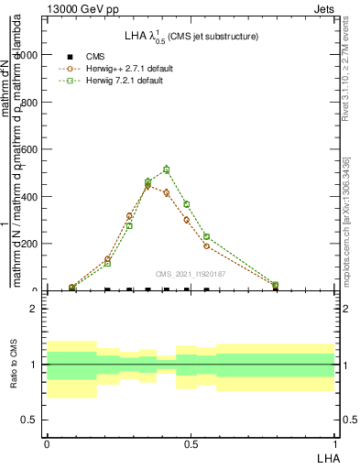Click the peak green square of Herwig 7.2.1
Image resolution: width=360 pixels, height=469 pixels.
coord(167,169)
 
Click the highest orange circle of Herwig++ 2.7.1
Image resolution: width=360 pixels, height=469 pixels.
coord(148,185)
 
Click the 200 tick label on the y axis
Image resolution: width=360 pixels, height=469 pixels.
coord(32,244)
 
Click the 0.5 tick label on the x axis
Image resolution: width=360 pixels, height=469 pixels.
coord(191,443)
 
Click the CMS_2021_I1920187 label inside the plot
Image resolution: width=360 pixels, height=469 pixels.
coord(190,274)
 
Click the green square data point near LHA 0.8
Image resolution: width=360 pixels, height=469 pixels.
coord(276,285)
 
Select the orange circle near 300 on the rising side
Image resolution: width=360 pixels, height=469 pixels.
coord(130,217)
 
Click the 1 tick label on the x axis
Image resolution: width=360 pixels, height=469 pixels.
coord(336,443)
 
